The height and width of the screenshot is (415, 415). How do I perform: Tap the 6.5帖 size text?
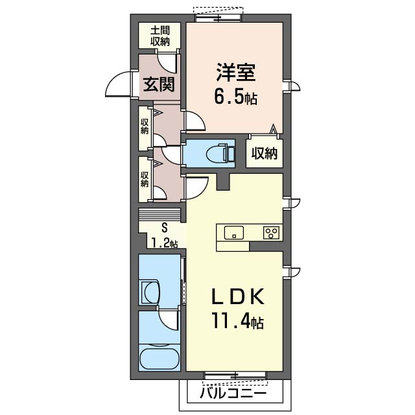coord(235,99)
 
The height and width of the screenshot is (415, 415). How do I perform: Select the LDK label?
coord(235,297)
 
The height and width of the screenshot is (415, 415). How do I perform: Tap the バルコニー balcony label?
coord(232,393)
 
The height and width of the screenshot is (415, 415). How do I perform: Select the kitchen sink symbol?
coord(233,233)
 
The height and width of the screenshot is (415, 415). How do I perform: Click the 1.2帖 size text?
coord(164,243)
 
